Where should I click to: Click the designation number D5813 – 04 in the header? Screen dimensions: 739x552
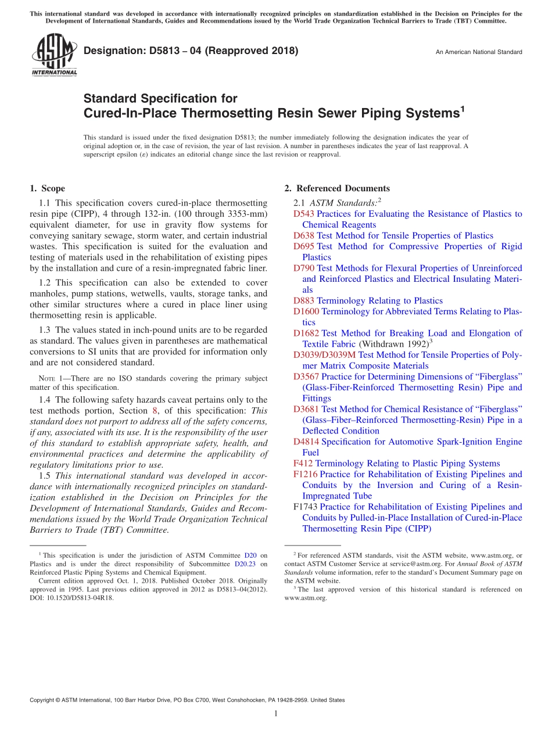click(x=191, y=51)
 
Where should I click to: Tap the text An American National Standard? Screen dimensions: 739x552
click(x=478, y=52)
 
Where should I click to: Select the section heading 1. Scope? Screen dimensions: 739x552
click(x=47, y=188)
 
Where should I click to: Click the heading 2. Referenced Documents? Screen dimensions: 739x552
click(x=337, y=188)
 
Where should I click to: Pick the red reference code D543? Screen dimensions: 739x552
click(x=304, y=214)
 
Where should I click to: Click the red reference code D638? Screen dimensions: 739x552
click(x=304, y=236)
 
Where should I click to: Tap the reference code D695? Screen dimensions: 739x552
click(x=304, y=246)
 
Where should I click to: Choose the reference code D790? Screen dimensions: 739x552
click(x=304, y=268)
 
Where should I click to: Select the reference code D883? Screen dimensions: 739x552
click(x=304, y=301)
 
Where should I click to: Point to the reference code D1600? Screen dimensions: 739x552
click(x=306, y=311)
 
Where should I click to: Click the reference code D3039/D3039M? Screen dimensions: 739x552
click(x=324, y=355)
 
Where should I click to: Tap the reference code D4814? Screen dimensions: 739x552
click(x=306, y=442)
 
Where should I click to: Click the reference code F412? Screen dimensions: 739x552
click(x=303, y=464)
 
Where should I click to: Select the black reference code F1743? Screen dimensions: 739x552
click(x=306, y=507)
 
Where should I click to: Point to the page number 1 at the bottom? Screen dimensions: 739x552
click(x=276, y=713)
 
